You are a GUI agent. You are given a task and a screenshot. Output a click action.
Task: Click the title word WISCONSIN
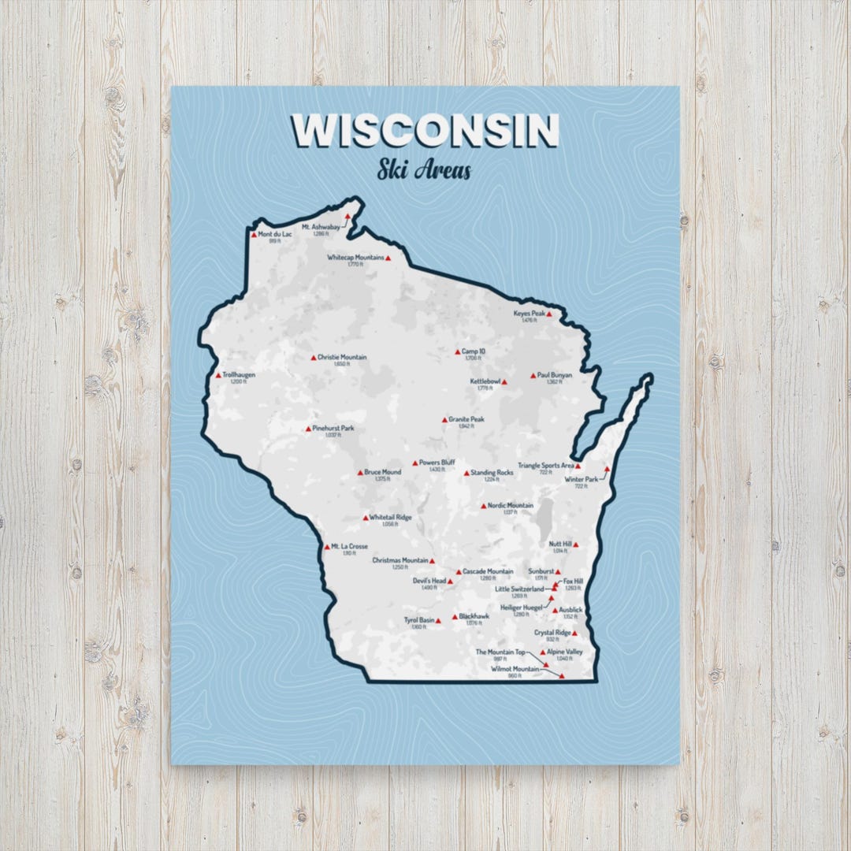(x=425, y=131)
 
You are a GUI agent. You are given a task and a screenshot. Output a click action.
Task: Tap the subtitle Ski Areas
(x=424, y=169)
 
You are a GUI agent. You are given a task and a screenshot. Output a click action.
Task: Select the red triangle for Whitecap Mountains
(x=388, y=258)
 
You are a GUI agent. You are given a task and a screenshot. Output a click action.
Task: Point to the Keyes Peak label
(x=530, y=314)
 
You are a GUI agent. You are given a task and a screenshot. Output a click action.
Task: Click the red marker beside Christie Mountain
(x=313, y=358)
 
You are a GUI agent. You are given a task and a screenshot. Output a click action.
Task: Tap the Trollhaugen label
(x=239, y=375)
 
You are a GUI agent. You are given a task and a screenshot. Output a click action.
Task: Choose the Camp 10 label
(x=474, y=351)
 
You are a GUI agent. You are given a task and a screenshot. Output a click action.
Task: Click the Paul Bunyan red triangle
(x=533, y=375)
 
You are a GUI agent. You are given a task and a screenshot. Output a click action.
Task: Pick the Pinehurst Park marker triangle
(x=309, y=429)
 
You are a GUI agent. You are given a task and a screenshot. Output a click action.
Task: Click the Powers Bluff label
(x=437, y=463)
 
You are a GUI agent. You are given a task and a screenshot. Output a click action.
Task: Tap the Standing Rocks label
(x=492, y=473)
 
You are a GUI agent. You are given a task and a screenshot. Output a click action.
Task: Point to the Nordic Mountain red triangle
(x=484, y=506)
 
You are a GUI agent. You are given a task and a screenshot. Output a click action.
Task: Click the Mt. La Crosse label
(x=349, y=546)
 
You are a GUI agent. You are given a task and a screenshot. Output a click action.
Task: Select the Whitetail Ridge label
(x=390, y=518)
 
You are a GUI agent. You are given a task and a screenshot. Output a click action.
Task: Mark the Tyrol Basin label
(x=419, y=620)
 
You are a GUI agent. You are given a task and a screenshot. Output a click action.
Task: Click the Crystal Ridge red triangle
(x=575, y=633)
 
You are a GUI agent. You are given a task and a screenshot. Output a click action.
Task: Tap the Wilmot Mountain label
(x=515, y=669)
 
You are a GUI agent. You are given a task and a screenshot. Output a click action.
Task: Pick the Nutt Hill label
(x=560, y=544)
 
